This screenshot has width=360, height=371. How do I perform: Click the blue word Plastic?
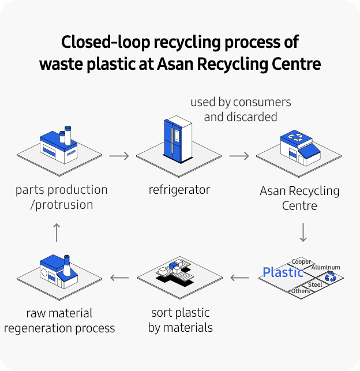(x=283, y=272)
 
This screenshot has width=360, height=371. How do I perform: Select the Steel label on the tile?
(x=315, y=284)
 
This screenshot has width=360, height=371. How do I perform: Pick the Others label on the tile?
(x=300, y=291)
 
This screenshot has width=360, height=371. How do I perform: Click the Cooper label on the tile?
(x=301, y=261)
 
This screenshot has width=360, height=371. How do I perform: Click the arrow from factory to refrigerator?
(x=118, y=156)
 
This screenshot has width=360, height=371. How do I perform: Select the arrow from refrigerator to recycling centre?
(x=239, y=156)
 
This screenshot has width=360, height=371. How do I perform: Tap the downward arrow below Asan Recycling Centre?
(x=303, y=232)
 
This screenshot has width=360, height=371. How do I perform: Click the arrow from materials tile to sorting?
(x=239, y=278)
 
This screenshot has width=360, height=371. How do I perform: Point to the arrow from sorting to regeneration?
(x=119, y=278)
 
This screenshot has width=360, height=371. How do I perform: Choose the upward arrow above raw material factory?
(x=56, y=232)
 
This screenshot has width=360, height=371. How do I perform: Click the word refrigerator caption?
(x=179, y=189)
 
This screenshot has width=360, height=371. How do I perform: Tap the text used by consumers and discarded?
(x=241, y=110)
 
